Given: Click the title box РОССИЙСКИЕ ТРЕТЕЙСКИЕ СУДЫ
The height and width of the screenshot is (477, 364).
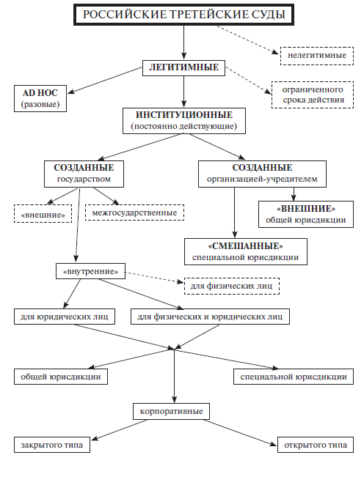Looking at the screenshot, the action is point(183,15).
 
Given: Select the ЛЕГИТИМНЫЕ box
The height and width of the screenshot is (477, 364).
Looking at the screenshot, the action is point(183,68).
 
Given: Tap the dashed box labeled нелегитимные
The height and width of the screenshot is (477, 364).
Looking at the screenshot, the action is point(317,56).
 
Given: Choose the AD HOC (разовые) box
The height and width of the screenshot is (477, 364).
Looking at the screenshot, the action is point(40,99).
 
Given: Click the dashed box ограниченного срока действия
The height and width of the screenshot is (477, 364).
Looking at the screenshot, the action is point(313,95).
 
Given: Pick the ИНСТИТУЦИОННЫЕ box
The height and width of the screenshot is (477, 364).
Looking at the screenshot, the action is point(184,121).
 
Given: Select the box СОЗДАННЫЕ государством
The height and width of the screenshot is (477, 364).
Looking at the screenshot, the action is point(84,174).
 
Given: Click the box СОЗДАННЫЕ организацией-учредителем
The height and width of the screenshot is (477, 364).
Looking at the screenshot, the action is point(262,174).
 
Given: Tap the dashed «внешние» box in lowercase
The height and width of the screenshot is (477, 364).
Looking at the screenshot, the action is point(43,214).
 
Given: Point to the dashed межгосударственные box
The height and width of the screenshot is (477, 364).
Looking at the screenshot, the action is point(134,212).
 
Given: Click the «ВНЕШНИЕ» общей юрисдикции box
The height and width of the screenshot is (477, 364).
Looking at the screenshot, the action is point(306,214).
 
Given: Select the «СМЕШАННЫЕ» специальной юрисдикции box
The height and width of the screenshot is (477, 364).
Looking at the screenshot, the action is point(246,251).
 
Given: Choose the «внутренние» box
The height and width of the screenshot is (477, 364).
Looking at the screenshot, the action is point(90,271).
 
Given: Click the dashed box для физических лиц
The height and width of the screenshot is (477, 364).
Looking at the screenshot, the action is point(231,286).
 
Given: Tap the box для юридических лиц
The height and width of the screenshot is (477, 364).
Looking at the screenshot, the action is point(65,317).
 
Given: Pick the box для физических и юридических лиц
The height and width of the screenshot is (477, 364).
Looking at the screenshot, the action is point(210,317).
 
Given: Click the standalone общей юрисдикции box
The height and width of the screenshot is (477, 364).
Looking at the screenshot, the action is point(61,377).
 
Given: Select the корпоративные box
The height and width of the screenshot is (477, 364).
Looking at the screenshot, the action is point(172,411).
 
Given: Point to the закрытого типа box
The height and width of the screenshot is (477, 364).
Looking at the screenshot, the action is point(52,445).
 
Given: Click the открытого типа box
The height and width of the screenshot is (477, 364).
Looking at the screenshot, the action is point(316,445).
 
